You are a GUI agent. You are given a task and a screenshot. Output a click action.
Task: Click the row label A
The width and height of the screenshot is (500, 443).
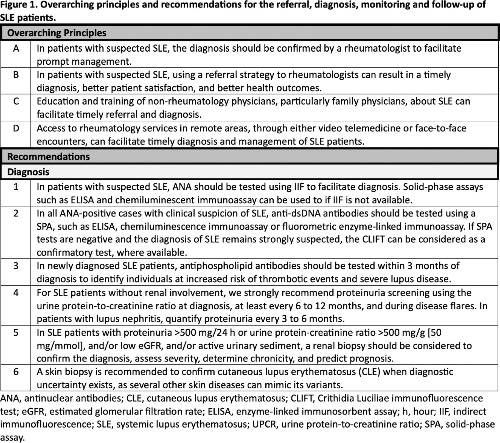pos(16,49)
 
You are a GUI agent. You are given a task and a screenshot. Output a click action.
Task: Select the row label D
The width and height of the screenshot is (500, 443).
pos(16,128)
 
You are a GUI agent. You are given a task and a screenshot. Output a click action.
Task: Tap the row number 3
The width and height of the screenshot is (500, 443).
pos(16,266)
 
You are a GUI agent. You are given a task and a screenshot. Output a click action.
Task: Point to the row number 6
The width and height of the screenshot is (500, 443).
pos(16,372)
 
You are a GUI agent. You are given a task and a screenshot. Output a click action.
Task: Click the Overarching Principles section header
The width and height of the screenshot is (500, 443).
pos(57,33)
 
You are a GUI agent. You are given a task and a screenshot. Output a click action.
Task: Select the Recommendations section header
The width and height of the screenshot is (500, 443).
pos(48,156)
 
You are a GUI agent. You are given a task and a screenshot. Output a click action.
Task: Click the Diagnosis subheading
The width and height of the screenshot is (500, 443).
pos(28,172)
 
